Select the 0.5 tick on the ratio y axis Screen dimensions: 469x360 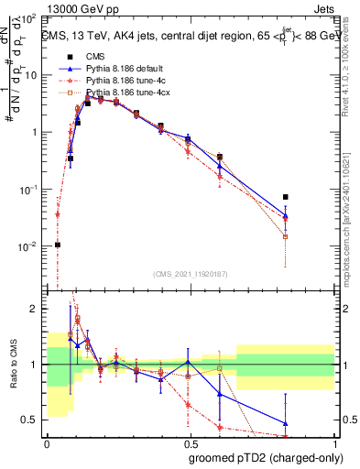tap(31, 420)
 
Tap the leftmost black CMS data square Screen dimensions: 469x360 tap(58, 245)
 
